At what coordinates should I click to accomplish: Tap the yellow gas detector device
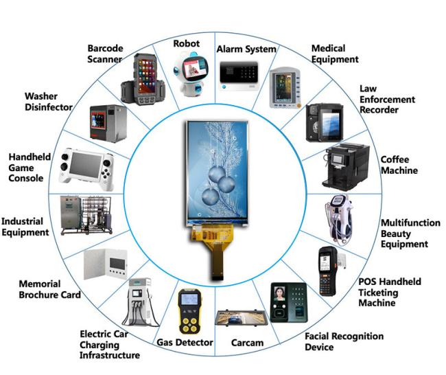click(189, 311)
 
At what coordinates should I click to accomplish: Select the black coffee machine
click(346, 167)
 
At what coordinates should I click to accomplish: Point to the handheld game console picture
click(86, 169)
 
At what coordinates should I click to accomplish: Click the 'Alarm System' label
click(246, 49)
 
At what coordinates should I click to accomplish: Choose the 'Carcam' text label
click(247, 343)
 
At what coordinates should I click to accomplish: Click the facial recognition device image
click(288, 302)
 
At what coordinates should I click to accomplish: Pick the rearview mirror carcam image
click(242, 318)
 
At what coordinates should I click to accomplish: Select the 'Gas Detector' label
click(185, 342)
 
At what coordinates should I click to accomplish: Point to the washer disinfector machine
click(108, 124)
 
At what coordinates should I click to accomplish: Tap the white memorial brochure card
click(105, 264)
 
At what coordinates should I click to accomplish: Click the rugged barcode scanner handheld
click(143, 79)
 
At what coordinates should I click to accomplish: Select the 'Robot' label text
click(187, 43)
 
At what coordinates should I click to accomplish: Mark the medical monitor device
click(285, 89)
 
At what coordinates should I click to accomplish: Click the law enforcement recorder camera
click(325, 123)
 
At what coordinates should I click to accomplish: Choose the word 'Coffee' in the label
click(395, 159)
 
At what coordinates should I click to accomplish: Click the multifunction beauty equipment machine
click(339, 219)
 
